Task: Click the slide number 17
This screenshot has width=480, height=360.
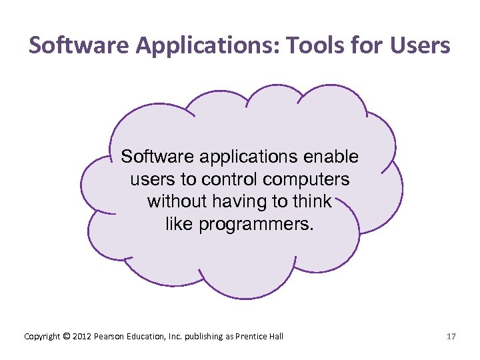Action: pyautogui.click(x=451, y=337)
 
